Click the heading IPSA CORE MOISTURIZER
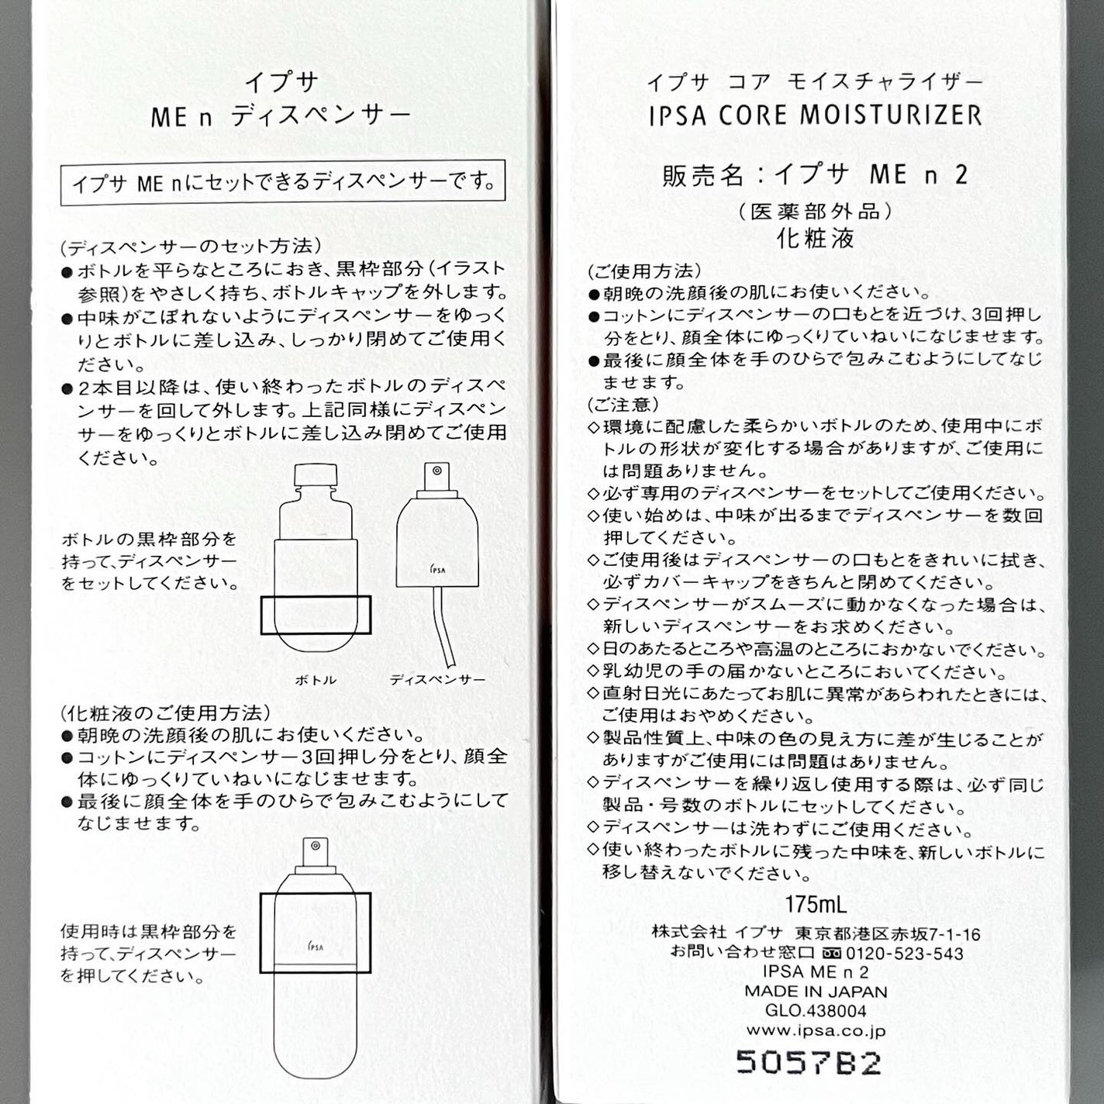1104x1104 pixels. [815, 116]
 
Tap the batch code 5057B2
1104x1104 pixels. [809, 1062]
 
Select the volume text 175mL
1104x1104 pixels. [816, 905]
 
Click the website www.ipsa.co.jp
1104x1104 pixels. [816, 1030]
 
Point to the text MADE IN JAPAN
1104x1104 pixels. [816, 991]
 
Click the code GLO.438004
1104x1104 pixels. [816, 1011]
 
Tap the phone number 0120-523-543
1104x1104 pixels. [904, 954]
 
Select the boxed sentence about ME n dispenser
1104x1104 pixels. [283, 183]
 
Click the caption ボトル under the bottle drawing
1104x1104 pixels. [316, 680]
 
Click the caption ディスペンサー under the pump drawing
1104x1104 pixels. [437, 680]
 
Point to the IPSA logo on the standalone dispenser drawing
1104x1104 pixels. [438, 569]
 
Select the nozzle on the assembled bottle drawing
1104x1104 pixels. [316, 847]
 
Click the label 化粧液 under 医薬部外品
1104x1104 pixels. [816, 238]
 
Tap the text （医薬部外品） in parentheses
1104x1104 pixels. [816, 211]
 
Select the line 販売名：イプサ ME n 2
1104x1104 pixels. [816, 174]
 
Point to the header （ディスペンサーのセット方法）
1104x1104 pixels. [190, 246]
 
